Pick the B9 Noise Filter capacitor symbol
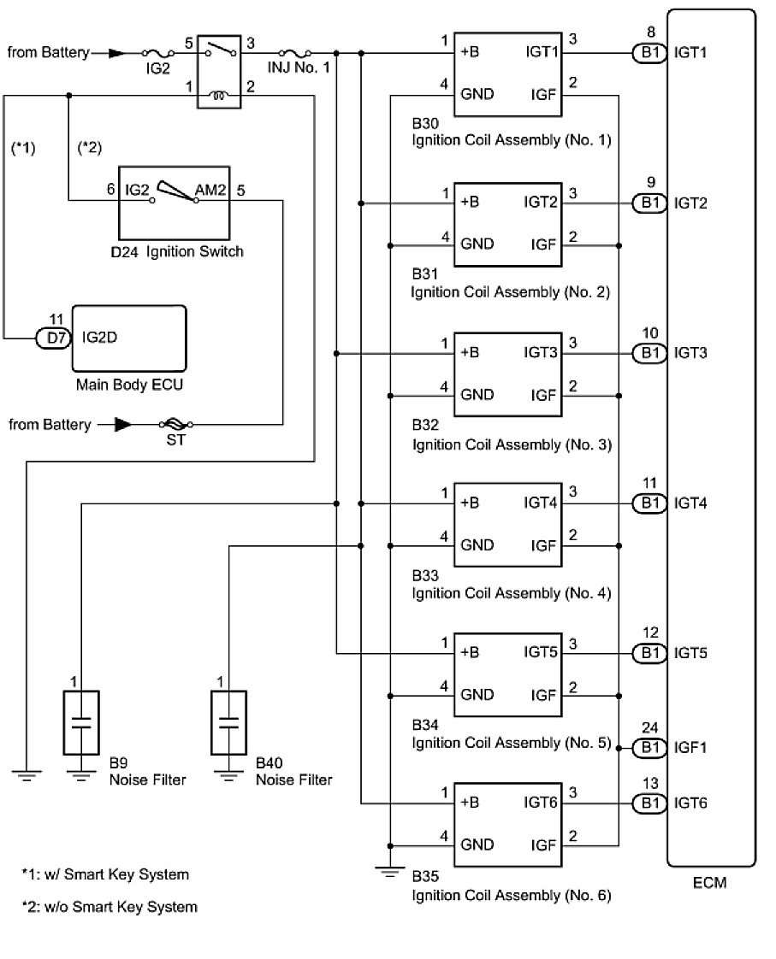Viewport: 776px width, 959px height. coord(81,723)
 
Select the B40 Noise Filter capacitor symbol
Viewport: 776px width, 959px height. coord(228,723)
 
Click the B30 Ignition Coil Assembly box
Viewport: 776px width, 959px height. coord(507,73)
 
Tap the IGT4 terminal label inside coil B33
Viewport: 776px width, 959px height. coord(541,503)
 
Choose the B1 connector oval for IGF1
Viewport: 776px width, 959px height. coord(648,747)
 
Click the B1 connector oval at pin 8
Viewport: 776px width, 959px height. coord(648,53)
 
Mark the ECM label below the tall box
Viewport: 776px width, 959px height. coord(710,883)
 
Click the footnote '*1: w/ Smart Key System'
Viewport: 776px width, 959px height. coord(105,874)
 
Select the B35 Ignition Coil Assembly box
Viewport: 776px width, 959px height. coord(507,823)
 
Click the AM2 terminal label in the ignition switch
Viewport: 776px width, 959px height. coord(210,189)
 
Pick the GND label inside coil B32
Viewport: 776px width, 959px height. coord(477,394)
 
